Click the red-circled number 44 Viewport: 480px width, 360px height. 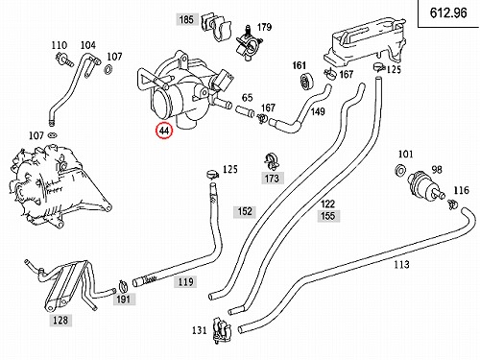(x=164, y=131)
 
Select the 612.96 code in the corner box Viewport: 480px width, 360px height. (x=448, y=13)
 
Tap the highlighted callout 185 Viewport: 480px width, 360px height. (x=186, y=19)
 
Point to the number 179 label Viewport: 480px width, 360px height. (x=264, y=27)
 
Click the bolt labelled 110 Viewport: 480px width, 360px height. (x=63, y=60)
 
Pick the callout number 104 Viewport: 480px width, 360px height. (x=87, y=45)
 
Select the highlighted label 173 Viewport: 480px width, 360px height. (x=272, y=179)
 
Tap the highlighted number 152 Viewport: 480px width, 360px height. (x=245, y=211)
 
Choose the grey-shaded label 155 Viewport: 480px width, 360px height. (x=327, y=216)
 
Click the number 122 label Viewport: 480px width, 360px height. (x=327, y=204)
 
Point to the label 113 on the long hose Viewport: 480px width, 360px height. (x=401, y=265)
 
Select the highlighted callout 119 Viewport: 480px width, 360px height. (x=185, y=282)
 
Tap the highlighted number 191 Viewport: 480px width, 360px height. (x=123, y=300)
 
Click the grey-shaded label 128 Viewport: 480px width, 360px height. (x=60, y=320)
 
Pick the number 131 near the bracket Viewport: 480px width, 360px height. (x=199, y=330)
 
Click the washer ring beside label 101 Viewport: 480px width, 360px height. (x=401, y=171)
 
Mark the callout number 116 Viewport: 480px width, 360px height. (x=461, y=191)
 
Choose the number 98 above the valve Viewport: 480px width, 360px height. (x=437, y=170)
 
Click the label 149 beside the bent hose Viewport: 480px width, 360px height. (x=318, y=111)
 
